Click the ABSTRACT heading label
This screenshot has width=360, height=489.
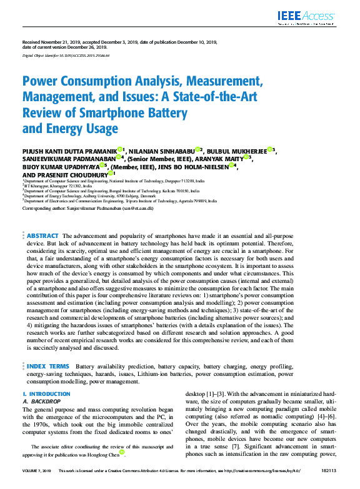[x=42, y=235]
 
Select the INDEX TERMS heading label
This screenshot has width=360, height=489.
[x=48, y=366]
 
